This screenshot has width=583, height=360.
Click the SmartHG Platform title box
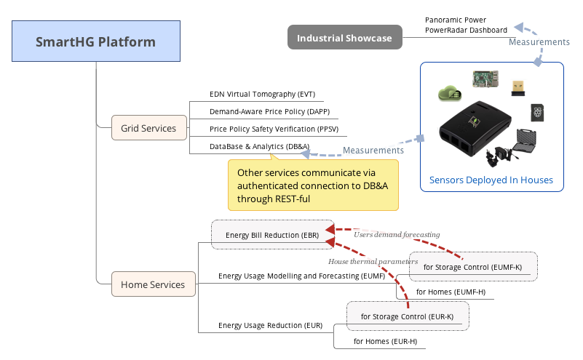tap(95, 41)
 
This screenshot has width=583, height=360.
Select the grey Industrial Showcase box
tap(344, 38)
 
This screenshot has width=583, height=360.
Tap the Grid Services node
tap(148, 129)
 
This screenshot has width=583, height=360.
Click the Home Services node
tap(153, 284)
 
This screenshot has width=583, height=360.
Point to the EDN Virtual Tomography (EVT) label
tap(252, 95)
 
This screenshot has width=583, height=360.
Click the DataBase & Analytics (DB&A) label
tap(250, 147)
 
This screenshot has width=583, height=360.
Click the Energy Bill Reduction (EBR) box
tap(272, 235)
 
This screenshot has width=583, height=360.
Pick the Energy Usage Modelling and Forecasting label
tap(301, 276)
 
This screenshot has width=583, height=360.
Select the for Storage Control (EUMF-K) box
tap(472, 267)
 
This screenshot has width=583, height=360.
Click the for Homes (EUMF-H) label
tap(451, 292)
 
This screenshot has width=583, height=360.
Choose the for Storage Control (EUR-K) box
tap(407, 316)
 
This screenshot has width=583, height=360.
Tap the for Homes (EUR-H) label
tap(385, 341)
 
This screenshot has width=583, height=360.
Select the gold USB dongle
tap(518, 87)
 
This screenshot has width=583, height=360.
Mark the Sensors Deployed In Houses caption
tap(491, 180)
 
